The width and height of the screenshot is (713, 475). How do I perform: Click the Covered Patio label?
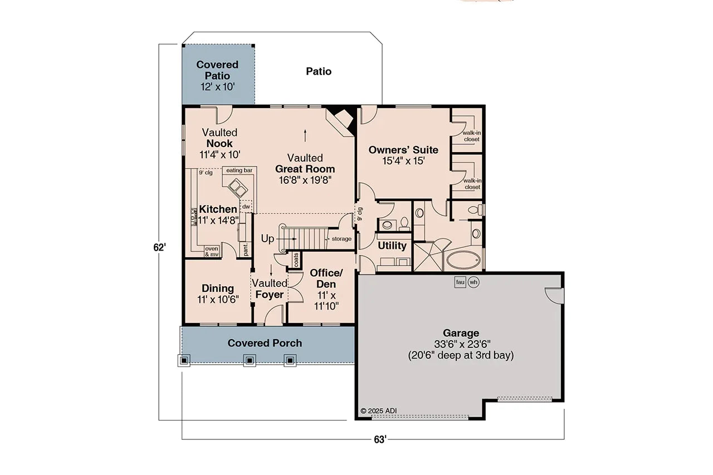217,71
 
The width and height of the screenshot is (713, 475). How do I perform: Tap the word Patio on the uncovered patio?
319,71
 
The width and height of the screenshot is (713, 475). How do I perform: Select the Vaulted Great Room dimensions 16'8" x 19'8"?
305,180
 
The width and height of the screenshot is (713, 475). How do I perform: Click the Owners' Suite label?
403,150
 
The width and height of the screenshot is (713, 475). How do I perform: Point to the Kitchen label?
218,209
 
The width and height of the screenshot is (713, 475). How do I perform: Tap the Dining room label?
218,288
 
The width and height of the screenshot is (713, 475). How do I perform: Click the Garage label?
461,333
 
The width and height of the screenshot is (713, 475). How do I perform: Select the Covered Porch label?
265,343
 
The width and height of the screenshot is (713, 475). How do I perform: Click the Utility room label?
392,246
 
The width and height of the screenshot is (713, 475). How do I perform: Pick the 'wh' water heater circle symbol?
473,282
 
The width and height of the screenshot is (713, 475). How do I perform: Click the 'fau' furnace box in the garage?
460,282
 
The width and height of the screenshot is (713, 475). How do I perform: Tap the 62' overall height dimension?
160,247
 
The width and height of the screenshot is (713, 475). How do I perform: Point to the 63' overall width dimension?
380,440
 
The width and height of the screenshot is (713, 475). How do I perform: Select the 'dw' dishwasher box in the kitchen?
246,207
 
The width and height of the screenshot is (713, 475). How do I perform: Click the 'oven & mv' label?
212,252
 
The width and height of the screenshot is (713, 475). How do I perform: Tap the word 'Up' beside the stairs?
268,238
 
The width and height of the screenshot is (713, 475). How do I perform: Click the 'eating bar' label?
238,170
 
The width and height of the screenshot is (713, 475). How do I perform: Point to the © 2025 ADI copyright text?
379,411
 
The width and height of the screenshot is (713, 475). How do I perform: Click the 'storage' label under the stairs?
341,239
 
